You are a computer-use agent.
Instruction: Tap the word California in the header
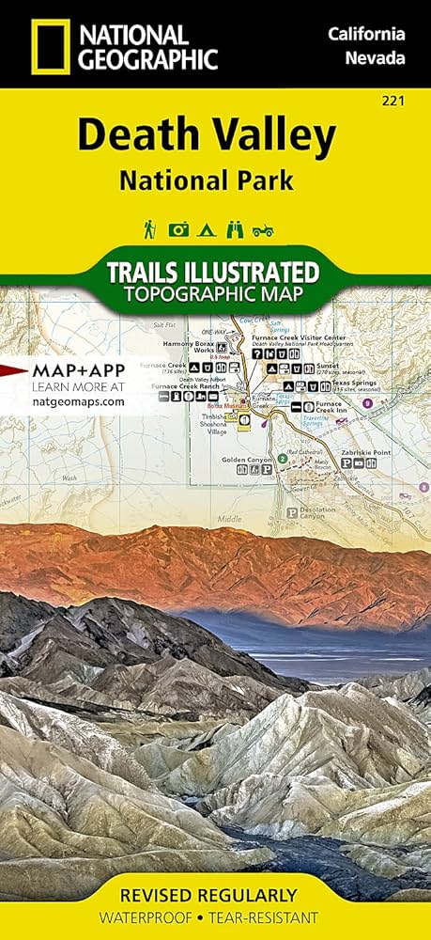point(366,35)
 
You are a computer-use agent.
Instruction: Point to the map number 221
point(408,101)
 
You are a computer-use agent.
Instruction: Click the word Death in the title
point(131,137)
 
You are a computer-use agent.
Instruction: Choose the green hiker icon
point(149,228)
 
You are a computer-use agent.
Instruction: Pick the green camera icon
point(178,228)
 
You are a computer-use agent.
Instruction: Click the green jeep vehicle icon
point(265,228)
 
